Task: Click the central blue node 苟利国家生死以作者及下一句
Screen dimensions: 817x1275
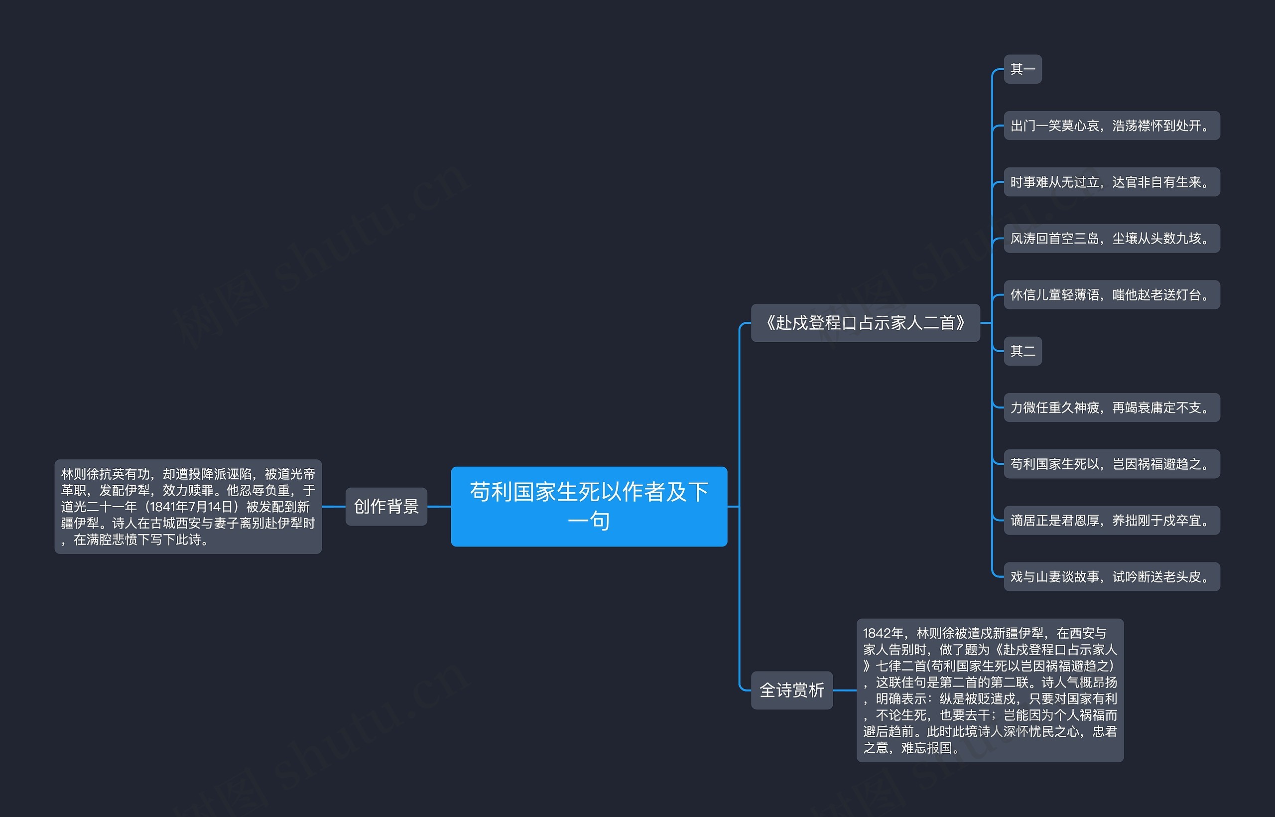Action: click(589, 506)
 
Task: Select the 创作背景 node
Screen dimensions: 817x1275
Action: click(386, 506)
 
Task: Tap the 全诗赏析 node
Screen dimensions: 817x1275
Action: click(791, 690)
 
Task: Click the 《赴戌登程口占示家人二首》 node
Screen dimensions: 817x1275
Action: click(865, 322)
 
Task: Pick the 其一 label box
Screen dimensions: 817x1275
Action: click(1022, 69)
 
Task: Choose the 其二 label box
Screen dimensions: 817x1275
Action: click(1022, 351)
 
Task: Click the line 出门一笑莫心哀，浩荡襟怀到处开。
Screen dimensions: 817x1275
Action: click(1112, 126)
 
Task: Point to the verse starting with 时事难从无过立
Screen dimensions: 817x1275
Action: click(1112, 182)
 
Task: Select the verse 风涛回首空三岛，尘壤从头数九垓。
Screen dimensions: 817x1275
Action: click(1112, 238)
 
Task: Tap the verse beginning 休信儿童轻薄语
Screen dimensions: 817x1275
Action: click(1112, 294)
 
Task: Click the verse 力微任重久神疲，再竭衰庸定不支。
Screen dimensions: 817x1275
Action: click(1112, 408)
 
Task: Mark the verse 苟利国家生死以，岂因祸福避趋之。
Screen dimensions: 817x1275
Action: click(1112, 464)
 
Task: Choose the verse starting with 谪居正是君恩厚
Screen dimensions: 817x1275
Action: click(1112, 521)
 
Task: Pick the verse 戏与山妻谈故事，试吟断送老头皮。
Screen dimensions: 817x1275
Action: click(1112, 577)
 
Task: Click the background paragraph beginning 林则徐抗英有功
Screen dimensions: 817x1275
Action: click(188, 506)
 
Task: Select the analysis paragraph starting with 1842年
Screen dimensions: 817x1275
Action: click(990, 690)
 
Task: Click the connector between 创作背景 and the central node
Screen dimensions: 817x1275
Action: click(439, 506)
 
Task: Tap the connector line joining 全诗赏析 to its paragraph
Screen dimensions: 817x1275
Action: click(844, 690)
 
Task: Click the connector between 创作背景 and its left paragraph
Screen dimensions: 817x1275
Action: click(334, 506)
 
